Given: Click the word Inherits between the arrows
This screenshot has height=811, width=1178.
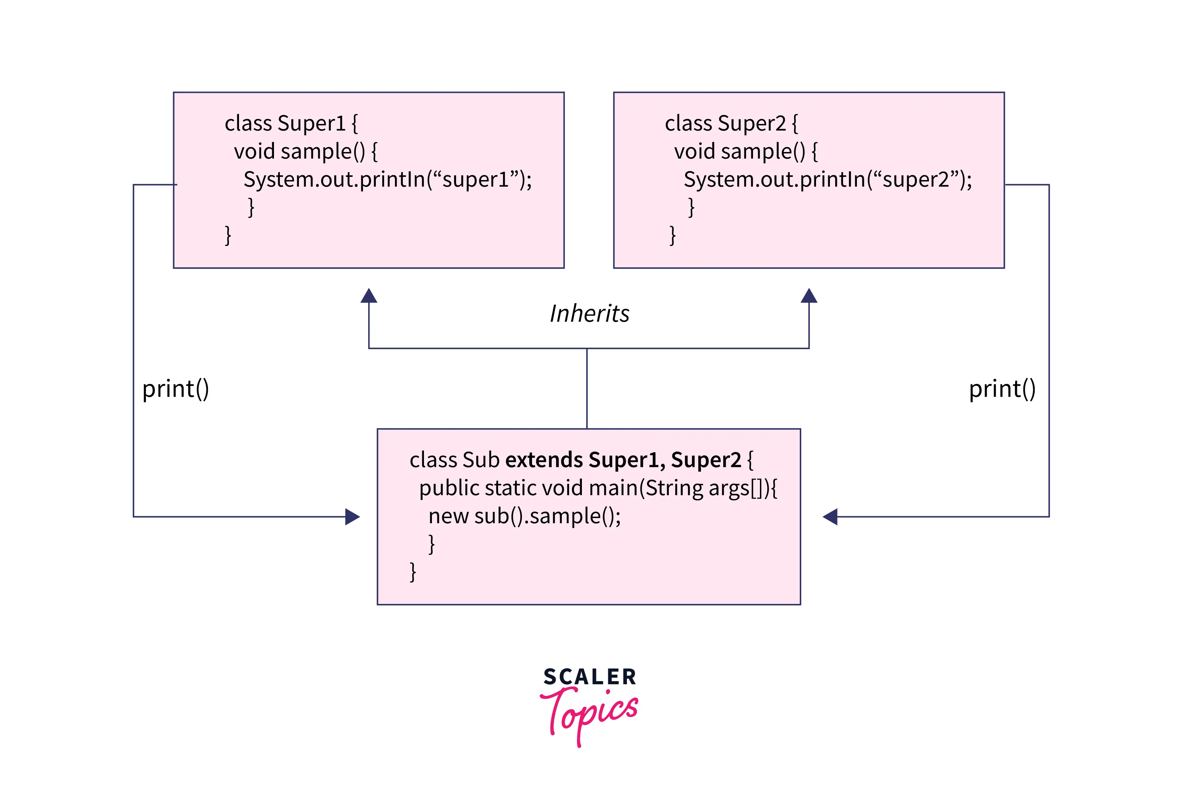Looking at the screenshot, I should pos(590,313).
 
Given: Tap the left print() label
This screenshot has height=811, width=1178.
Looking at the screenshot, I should pos(175,389).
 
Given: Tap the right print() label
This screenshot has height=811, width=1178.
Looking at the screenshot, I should pos(1002,389).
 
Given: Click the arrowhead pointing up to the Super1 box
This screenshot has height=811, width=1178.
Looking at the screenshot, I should pos(369,296).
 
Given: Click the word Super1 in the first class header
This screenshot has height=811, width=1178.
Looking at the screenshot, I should pos(311,124).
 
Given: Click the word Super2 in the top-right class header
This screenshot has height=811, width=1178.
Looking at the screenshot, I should pos(752,124).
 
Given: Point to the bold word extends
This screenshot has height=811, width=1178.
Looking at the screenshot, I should pos(544,460).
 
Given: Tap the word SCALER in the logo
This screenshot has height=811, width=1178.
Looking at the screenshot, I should pos(590,677).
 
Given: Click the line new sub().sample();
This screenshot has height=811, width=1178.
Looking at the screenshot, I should pos(524,516).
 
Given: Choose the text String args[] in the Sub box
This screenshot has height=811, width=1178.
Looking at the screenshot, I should pos(704,488).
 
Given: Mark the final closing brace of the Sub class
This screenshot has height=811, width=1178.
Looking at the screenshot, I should pos(413,572).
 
